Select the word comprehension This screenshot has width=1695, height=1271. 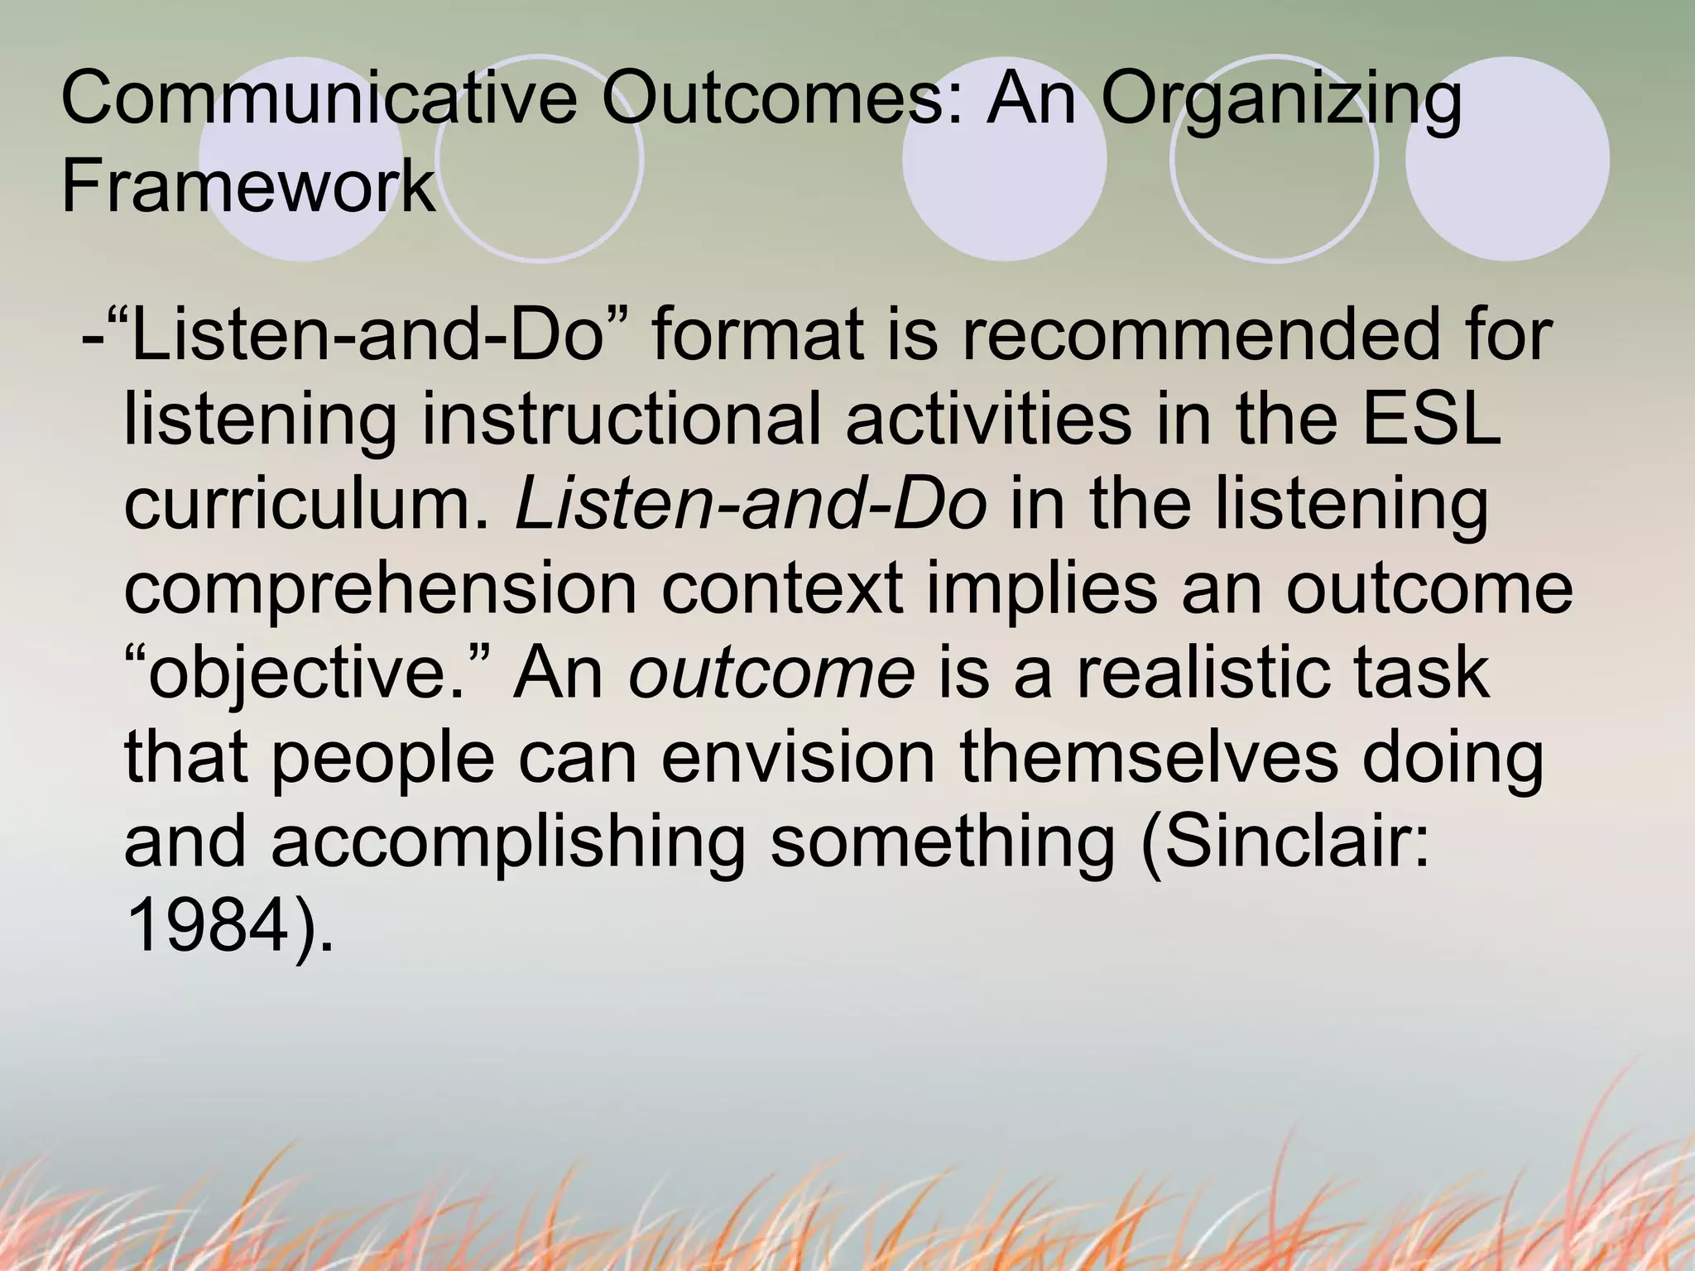[381, 592]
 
